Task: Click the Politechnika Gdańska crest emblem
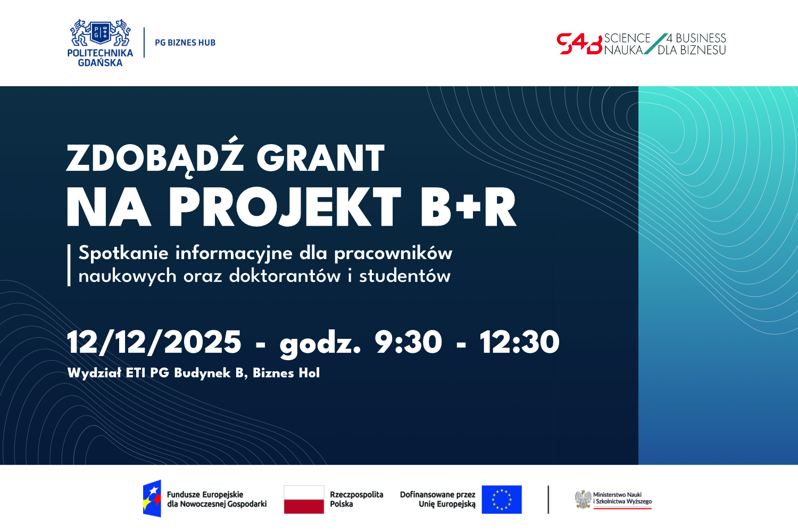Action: click(x=101, y=34)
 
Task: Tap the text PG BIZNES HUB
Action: click(x=185, y=43)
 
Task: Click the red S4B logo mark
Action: click(x=579, y=44)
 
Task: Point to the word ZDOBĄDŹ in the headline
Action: click(x=155, y=158)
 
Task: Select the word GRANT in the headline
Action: click(x=320, y=158)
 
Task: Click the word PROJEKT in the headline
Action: click(x=285, y=207)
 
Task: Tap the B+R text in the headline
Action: click(x=468, y=207)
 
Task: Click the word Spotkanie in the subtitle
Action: click(x=123, y=253)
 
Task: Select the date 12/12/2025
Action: click(x=154, y=342)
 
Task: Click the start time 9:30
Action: click(x=408, y=342)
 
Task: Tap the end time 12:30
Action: click(x=519, y=342)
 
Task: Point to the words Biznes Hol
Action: click(x=286, y=373)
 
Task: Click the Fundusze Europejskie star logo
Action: click(x=152, y=499)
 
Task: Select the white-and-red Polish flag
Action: click(x=304, y=500)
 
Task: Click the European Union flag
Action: click(x=502, y=500)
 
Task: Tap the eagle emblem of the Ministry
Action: click(x=583, y=499)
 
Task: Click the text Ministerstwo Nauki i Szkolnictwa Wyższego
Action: click(x=622, y=498)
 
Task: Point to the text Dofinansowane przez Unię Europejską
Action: click(x=438, y=499)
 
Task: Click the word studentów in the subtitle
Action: click(x=405, y=276)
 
